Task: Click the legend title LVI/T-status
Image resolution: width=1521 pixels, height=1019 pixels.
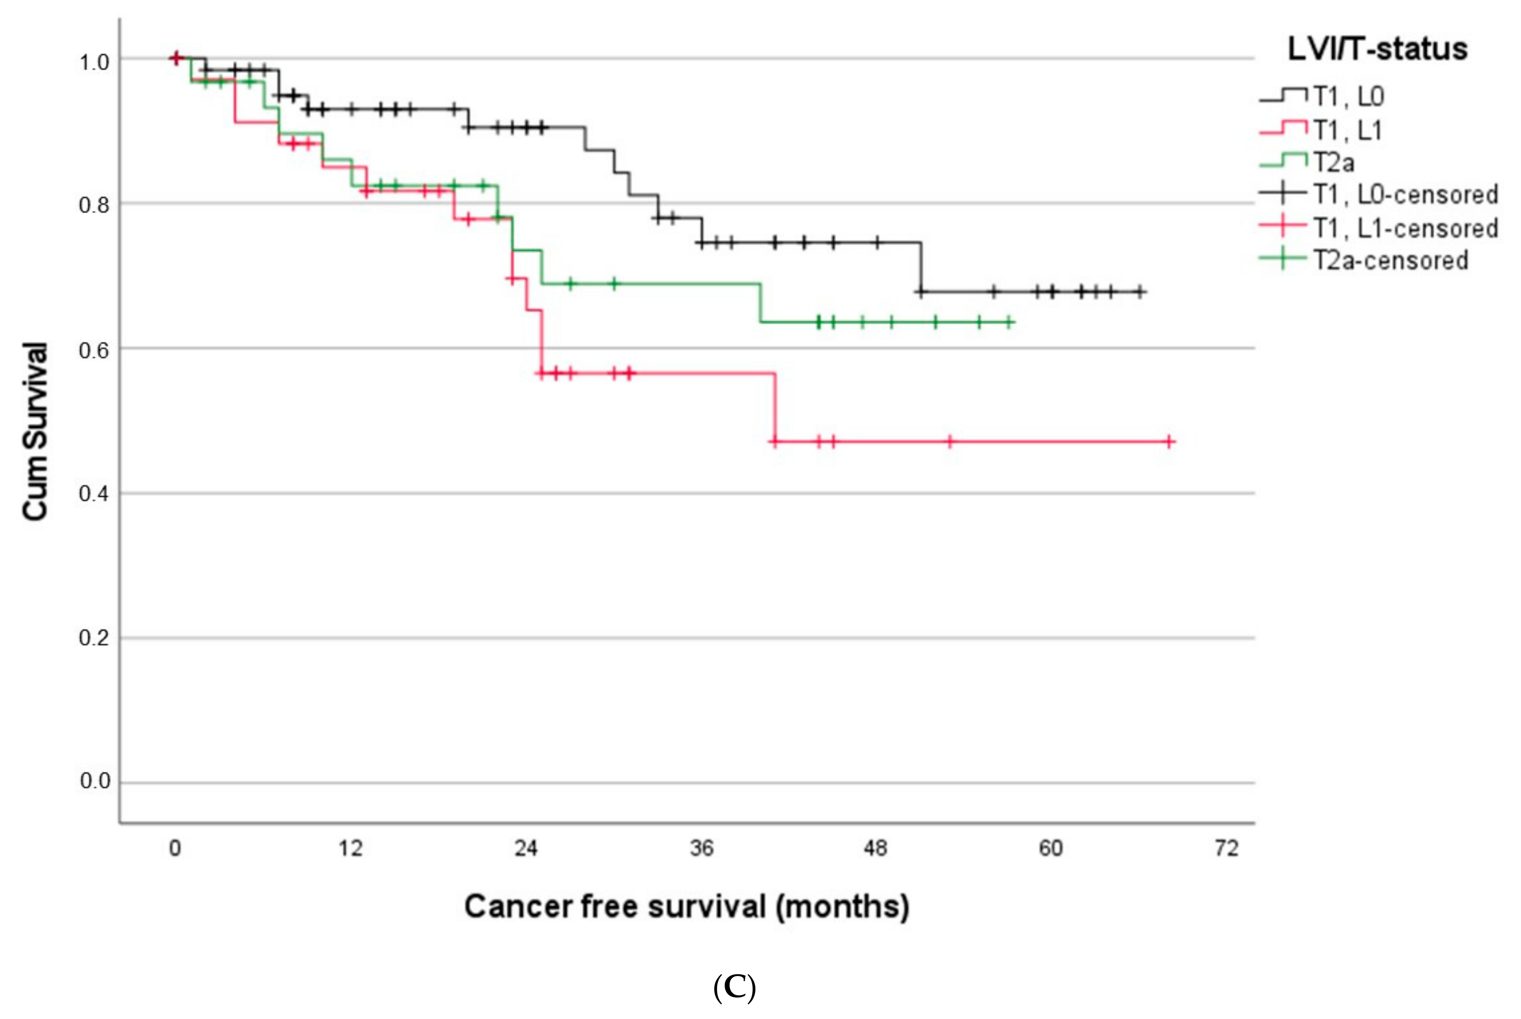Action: pyautogui.click(x=1377, y=49)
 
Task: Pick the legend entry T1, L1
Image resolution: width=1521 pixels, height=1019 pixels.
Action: pyautogui.click(x=1347, y=130)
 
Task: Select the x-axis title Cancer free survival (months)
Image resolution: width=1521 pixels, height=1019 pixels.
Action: pyautogui.click(x=686, y=906)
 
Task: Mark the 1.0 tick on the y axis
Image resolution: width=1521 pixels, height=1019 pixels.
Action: pyautogui.click(x=94, y=63)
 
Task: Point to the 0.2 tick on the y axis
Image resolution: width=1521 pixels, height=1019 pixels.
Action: pyautogui.click(x=94, y=638)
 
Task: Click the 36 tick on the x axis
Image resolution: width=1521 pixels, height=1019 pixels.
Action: pyautogui.click(x=701, y=848)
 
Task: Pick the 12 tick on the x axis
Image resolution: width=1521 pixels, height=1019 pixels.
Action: pyautogui.click(x=350, y=848)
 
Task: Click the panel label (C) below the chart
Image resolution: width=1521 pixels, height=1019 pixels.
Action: pyautogui.click(x=734, y=988)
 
